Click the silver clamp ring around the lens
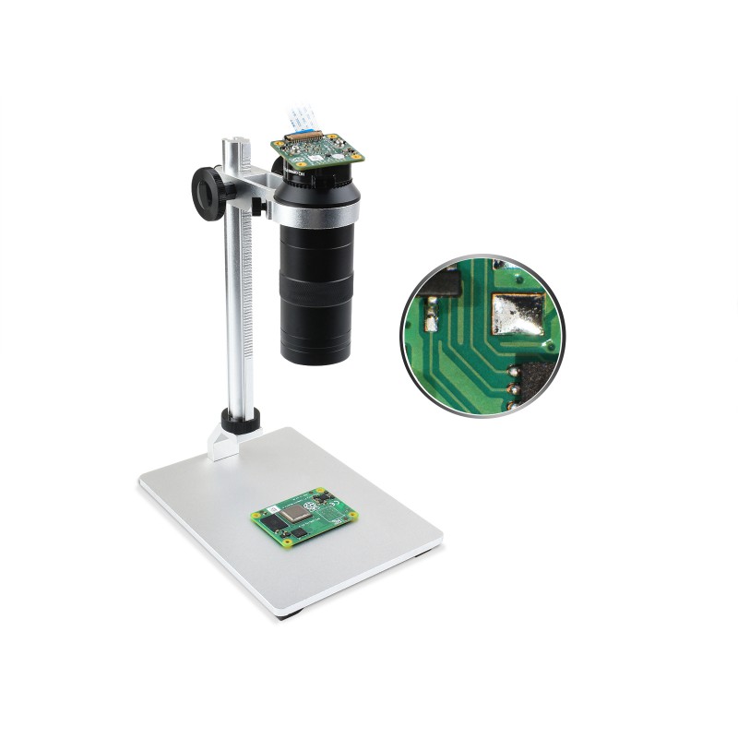click(x=315, y=211)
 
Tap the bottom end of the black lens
click(x=315, y=354)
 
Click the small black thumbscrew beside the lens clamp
click(x=259, y=208)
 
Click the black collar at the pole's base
click(x=239, y=423)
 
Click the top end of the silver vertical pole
click(x=235, y=143)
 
